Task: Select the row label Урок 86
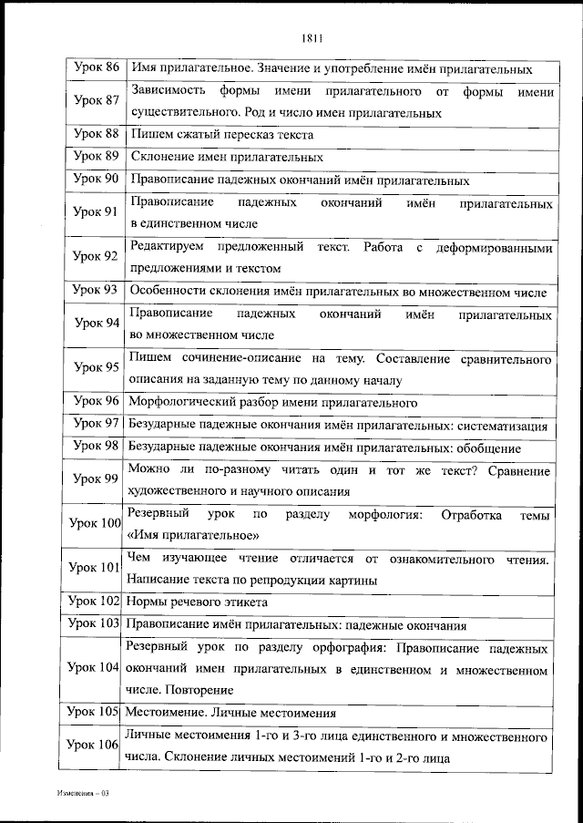(96, 69)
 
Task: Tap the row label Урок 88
(96, 134)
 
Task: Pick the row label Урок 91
(96, 211)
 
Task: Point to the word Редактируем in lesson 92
(168, 247)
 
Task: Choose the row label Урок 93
(96, 290)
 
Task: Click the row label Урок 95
(96, 368)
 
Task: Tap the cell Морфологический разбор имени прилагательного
(273, 402)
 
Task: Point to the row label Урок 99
(96, 479)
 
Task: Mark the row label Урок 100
(95, 523)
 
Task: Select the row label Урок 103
(95, 624)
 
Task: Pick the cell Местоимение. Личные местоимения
(231, 713)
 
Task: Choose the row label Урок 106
(95, 746)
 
